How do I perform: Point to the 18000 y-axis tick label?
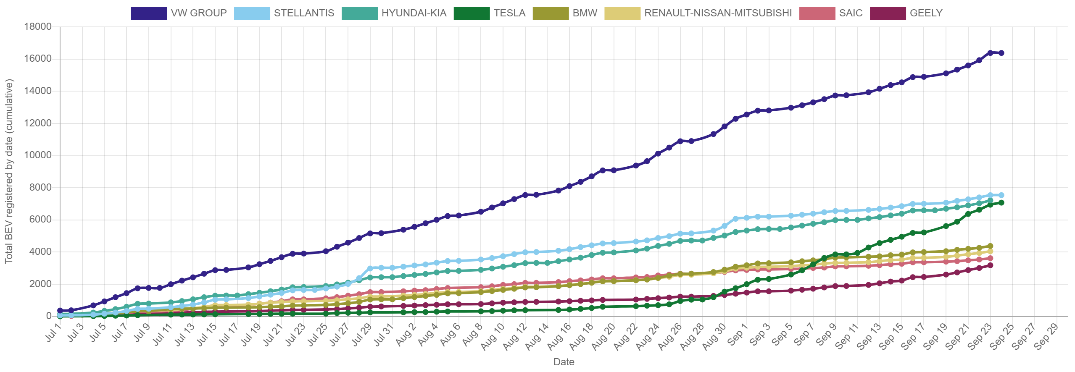tap(38, 26)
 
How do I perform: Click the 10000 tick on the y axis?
tap(38, 155)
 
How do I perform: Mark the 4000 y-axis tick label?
tap(40, 251)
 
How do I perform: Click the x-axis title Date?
tap(564, 362)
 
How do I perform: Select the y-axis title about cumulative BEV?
tap(9, 171)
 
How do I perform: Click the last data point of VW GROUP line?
tap(1001, 53)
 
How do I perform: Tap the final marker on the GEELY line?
tap(990, 265)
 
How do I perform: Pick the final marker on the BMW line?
tap(990, 246)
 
